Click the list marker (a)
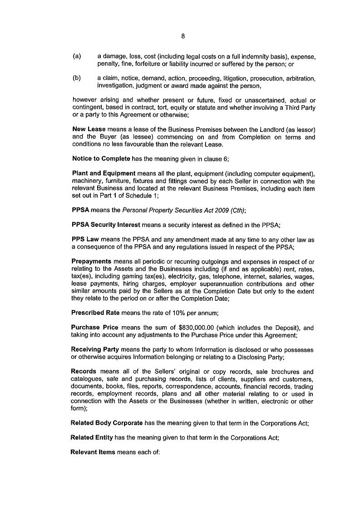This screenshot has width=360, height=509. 77,57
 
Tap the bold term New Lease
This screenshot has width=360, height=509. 89,129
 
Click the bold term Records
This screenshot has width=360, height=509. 84,372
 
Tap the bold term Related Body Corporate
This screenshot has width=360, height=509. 107,423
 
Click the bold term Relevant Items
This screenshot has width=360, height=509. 93,452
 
